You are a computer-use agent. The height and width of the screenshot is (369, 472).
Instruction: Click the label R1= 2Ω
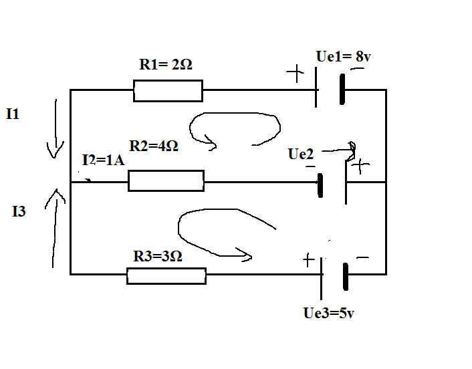[x=166, y=64]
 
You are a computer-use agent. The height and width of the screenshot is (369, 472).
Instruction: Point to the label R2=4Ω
[x=154, y=146]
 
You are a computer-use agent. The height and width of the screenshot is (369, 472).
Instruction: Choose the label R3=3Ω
[x=157, y=256]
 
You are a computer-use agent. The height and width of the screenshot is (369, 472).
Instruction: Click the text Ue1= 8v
[x=343, y=56]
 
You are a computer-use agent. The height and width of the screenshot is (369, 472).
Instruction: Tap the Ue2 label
[x=301, y=154]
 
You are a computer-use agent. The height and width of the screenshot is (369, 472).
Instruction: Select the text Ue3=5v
[x=328, y=313]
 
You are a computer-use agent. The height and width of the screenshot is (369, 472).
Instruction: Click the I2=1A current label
[x=103, y=160]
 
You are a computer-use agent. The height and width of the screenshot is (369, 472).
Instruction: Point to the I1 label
[x=13, y=114]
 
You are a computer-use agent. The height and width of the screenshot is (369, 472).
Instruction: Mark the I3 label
[x=19, y=211]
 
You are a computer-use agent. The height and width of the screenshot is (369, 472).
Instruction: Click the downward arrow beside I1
[x=55, y=129]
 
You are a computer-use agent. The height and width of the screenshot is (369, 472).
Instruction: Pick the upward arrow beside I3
[x=54, y=228]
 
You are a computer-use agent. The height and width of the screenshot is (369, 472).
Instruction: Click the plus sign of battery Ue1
[x=296, y=73]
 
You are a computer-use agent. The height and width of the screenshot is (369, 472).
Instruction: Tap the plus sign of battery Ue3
[x=309, y=260]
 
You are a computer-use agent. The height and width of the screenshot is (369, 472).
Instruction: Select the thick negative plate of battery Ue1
[x=342, y=90]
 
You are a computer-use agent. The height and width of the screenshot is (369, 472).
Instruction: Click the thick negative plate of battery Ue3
[x=346, y=277]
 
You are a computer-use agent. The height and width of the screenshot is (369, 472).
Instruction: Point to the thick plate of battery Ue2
[x=320, y=185]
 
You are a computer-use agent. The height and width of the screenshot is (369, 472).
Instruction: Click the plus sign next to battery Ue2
[x=360, y=166]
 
